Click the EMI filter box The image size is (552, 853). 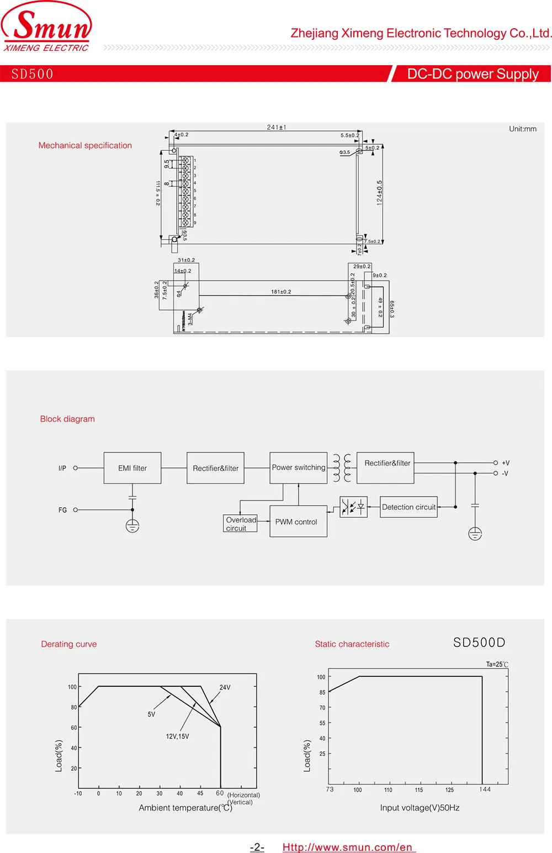(x=132, y=468)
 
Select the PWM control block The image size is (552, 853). (x=298, y=522)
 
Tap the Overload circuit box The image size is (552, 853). (x=241, y=524)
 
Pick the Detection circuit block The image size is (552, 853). (x=408, y=507)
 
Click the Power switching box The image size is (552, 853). (x=298, y=468)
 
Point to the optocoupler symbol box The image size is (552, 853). (x=353, y=507)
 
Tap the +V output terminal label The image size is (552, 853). (x=505, y=463)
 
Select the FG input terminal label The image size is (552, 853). (x=62, y=510)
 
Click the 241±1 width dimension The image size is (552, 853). (x=277, y=128)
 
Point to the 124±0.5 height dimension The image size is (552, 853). (x=379, y=193)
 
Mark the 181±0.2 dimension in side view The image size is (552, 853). (x=281, y=292)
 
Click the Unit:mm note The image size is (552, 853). (x=522, y=129)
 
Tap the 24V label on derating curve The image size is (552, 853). (x=225, y=688)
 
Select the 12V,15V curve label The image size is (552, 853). (x=177, y=736)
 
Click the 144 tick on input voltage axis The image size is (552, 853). (x=485, y=789)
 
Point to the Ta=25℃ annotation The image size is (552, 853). (x=497, y=665)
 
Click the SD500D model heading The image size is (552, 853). (x=479, y=643)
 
